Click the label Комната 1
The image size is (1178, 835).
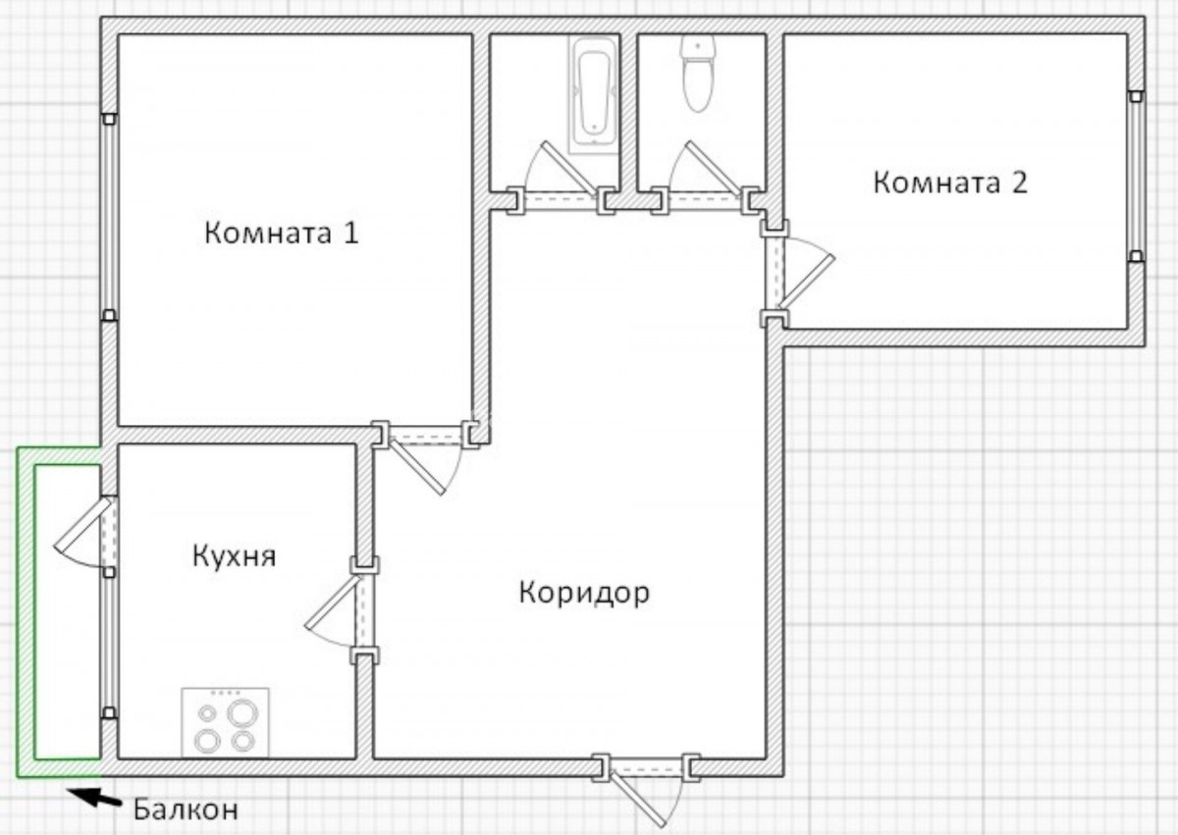(x=282, y=233)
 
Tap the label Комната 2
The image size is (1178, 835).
(x=950, y=183)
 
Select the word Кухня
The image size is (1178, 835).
(x=234, y=557)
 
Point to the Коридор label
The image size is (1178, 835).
(x=584, y=594)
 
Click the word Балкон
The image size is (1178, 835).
(x=186, y=809)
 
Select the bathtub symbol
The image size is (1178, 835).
(x=593, y=94)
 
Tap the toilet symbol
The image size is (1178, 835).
(x=698, y=74)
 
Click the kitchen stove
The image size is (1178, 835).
(x=225, y=723)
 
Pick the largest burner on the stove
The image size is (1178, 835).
(x=242, y=713)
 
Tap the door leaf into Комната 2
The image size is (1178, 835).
(x=807, y=282)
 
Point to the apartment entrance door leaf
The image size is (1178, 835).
(x=637, y=800)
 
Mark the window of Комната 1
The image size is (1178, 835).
(x=109, y=217)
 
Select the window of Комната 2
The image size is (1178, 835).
(x=1137, y=177)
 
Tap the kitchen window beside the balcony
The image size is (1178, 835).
(x=109, y=642)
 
